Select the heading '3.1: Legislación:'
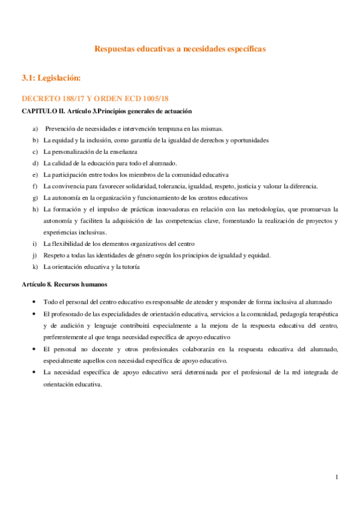pos(50,78)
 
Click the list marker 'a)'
pos(35,129)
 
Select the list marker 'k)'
pos(35,266)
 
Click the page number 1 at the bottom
pos(338,477)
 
